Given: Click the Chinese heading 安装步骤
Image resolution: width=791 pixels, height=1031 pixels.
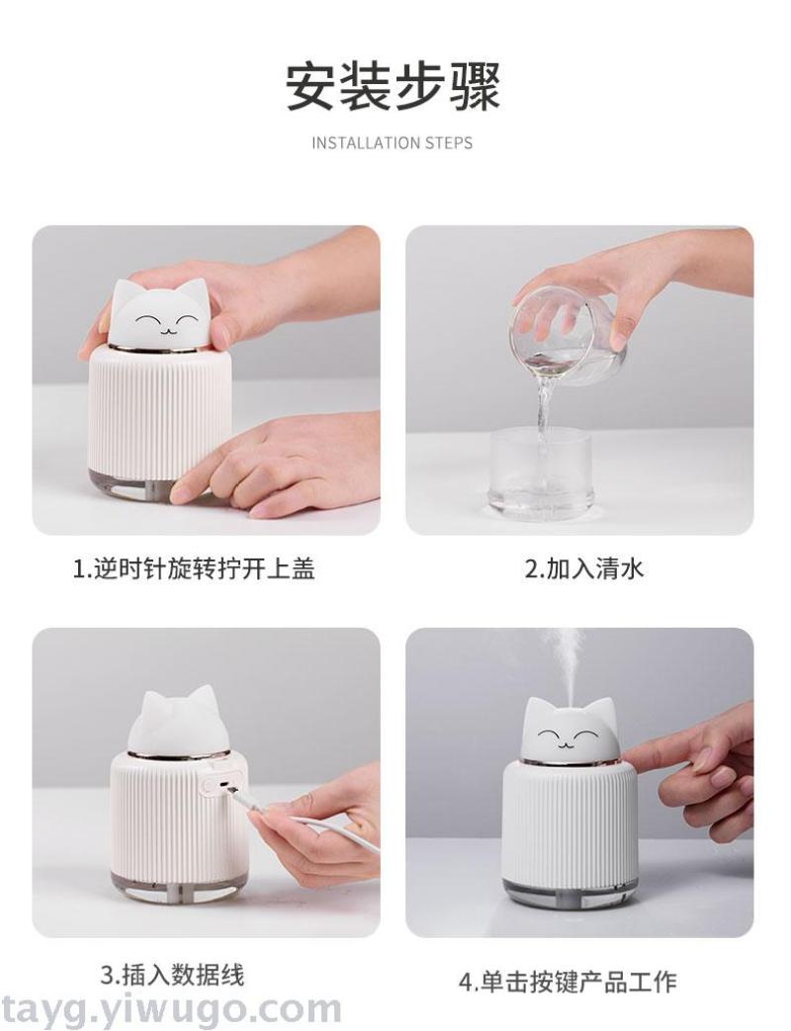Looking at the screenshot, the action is pyautogui.click(x=394, y=86).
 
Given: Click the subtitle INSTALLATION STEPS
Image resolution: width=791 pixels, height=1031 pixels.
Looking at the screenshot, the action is pyautogui.click(x=393, y=143).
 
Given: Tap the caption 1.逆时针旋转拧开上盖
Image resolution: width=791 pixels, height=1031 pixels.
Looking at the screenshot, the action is pyautogui.click(x=194, y=568).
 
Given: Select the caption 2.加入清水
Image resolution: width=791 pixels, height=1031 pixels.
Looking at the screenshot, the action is pyautogui.click(x=583, y=568).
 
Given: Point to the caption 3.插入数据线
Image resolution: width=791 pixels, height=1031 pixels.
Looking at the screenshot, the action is pyautogui.click(x=172, y=974).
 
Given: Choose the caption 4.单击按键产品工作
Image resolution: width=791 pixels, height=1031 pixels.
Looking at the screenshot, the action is pyautogui.click(x=568, y=982).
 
